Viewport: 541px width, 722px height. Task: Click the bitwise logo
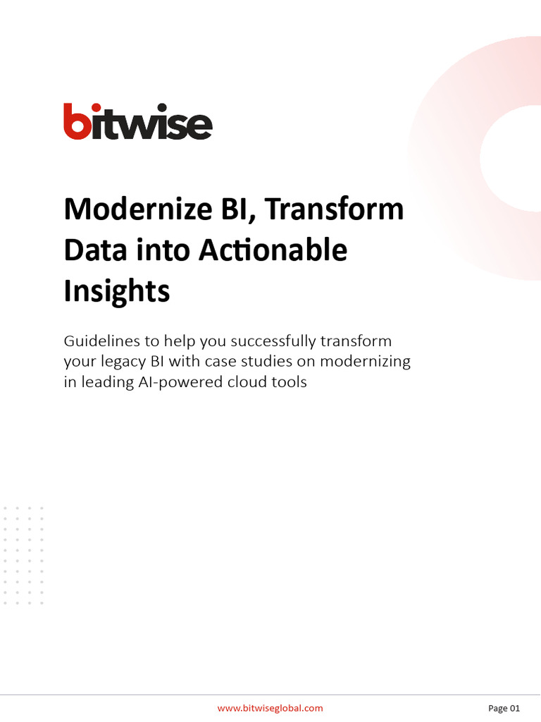[x=138, y=121]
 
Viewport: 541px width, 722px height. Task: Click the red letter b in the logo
[x=75, y=121]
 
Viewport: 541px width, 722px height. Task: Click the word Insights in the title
[x=117, y=291]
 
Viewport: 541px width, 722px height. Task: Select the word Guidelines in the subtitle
[x=99, y=341]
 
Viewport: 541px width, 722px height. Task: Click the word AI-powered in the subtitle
[x=180, y=384]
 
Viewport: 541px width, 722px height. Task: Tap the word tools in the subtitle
[x=290, y=384]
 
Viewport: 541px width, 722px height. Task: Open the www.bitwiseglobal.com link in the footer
[x=270, y=708]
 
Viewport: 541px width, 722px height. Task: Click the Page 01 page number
[x=504, y=708]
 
